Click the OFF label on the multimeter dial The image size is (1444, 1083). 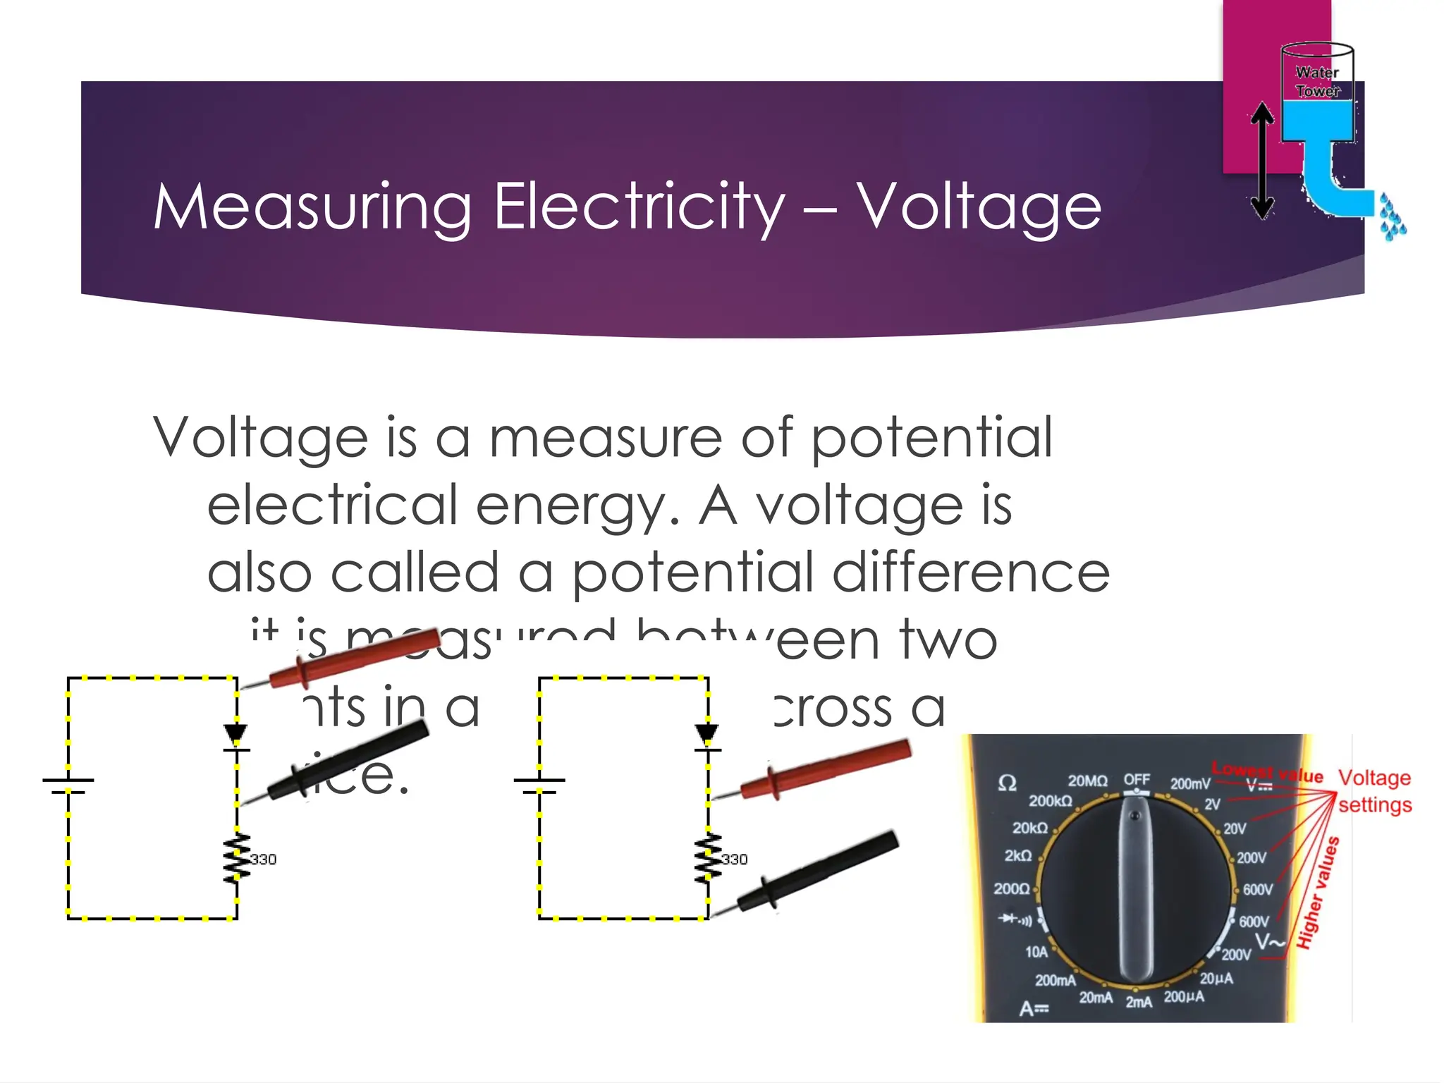[1137, 779]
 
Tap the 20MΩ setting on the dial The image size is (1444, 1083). [1087, 781]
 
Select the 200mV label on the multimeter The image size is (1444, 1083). [1190, 784]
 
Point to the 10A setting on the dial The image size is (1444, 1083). [1036, 953]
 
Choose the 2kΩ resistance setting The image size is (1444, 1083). [1017, 856]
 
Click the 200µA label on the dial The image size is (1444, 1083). [1184, 997]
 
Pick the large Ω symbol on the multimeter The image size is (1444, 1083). [1008, 783]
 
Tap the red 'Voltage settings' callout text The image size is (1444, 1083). [1375, 791]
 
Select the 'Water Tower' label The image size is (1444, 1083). [1317, 82]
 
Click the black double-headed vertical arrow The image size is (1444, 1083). [1262, 161]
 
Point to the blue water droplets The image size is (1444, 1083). [1393, 219]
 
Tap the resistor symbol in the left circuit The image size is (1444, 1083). [237, 858]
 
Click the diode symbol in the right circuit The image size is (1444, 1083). [706, 735]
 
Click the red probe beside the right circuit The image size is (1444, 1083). [825, 770]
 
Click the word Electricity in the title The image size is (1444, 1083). [639, 207]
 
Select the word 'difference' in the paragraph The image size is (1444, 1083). [970, 572]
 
